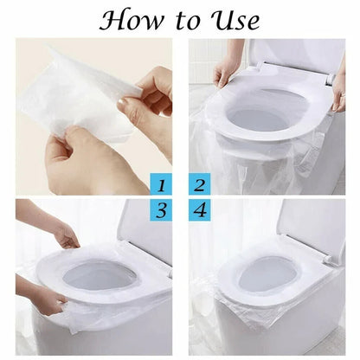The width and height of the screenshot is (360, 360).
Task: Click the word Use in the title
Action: pyautogui.click(x=231, y=18)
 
